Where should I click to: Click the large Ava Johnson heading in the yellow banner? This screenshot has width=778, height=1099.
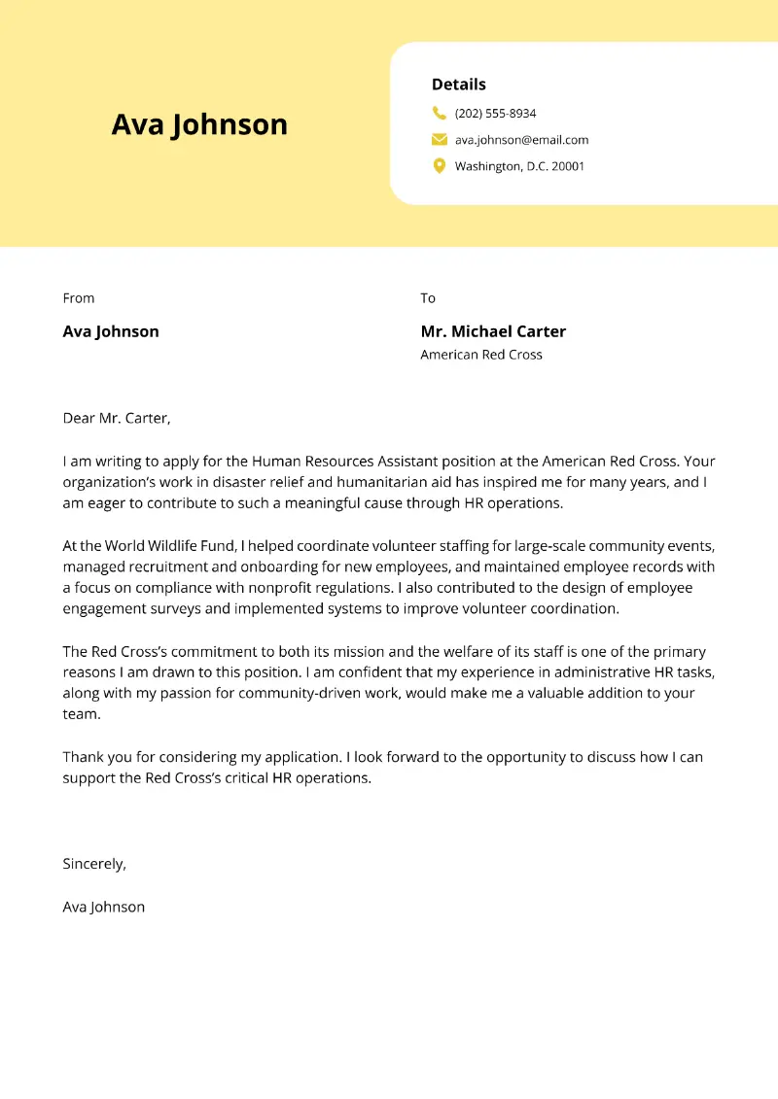click(199, 124)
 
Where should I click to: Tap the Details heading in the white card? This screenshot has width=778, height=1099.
click(458, 85)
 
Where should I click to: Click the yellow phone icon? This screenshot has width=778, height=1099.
click(439, 113)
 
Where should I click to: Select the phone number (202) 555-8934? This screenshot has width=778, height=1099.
click(495, 114)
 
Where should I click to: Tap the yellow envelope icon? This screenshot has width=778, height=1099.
click(439, 140)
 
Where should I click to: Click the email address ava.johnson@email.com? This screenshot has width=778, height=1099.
click(521, 140)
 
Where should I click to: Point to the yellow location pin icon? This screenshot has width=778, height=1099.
click(439, 166)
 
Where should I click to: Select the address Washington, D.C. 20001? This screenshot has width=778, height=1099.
click(519, 166)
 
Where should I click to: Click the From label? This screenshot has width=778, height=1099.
click(79, 298)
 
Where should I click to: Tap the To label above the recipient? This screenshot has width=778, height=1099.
click(428, 298)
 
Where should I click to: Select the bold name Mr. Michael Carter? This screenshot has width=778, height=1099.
click(493, 331)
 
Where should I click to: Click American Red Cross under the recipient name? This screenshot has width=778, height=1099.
click(481, 355)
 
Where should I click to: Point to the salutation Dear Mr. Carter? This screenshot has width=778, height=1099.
click(117, 418)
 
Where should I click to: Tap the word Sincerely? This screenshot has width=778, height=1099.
click(94, 863)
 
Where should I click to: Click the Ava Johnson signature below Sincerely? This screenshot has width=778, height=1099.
click(104, 907)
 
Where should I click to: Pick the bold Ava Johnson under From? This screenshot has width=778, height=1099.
click(111, 331)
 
